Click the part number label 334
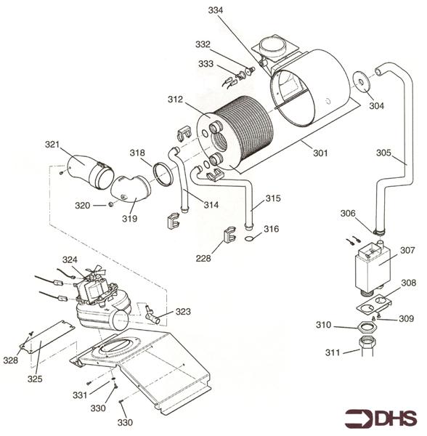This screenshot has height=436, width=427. [x=216, y=10]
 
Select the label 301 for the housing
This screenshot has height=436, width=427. [x=320, y=153]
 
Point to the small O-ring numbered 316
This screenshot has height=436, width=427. [x=249, y=238]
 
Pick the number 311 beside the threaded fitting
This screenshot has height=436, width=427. [x=333, y=352]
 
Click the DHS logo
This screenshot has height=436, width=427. [x=381, y=419]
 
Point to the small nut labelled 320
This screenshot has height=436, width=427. [x=110, y=205]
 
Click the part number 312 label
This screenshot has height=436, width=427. [x=175, y=100]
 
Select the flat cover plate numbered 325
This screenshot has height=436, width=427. [x=46, y=337]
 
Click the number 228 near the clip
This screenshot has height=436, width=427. [x=203, y=258]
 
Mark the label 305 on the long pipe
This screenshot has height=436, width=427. [x=383, y=153]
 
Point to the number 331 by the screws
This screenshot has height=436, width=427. [x=80, y=395]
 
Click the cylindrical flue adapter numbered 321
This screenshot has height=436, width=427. [x=91, y=171]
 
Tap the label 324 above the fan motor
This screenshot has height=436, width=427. [x=70, y=259]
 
